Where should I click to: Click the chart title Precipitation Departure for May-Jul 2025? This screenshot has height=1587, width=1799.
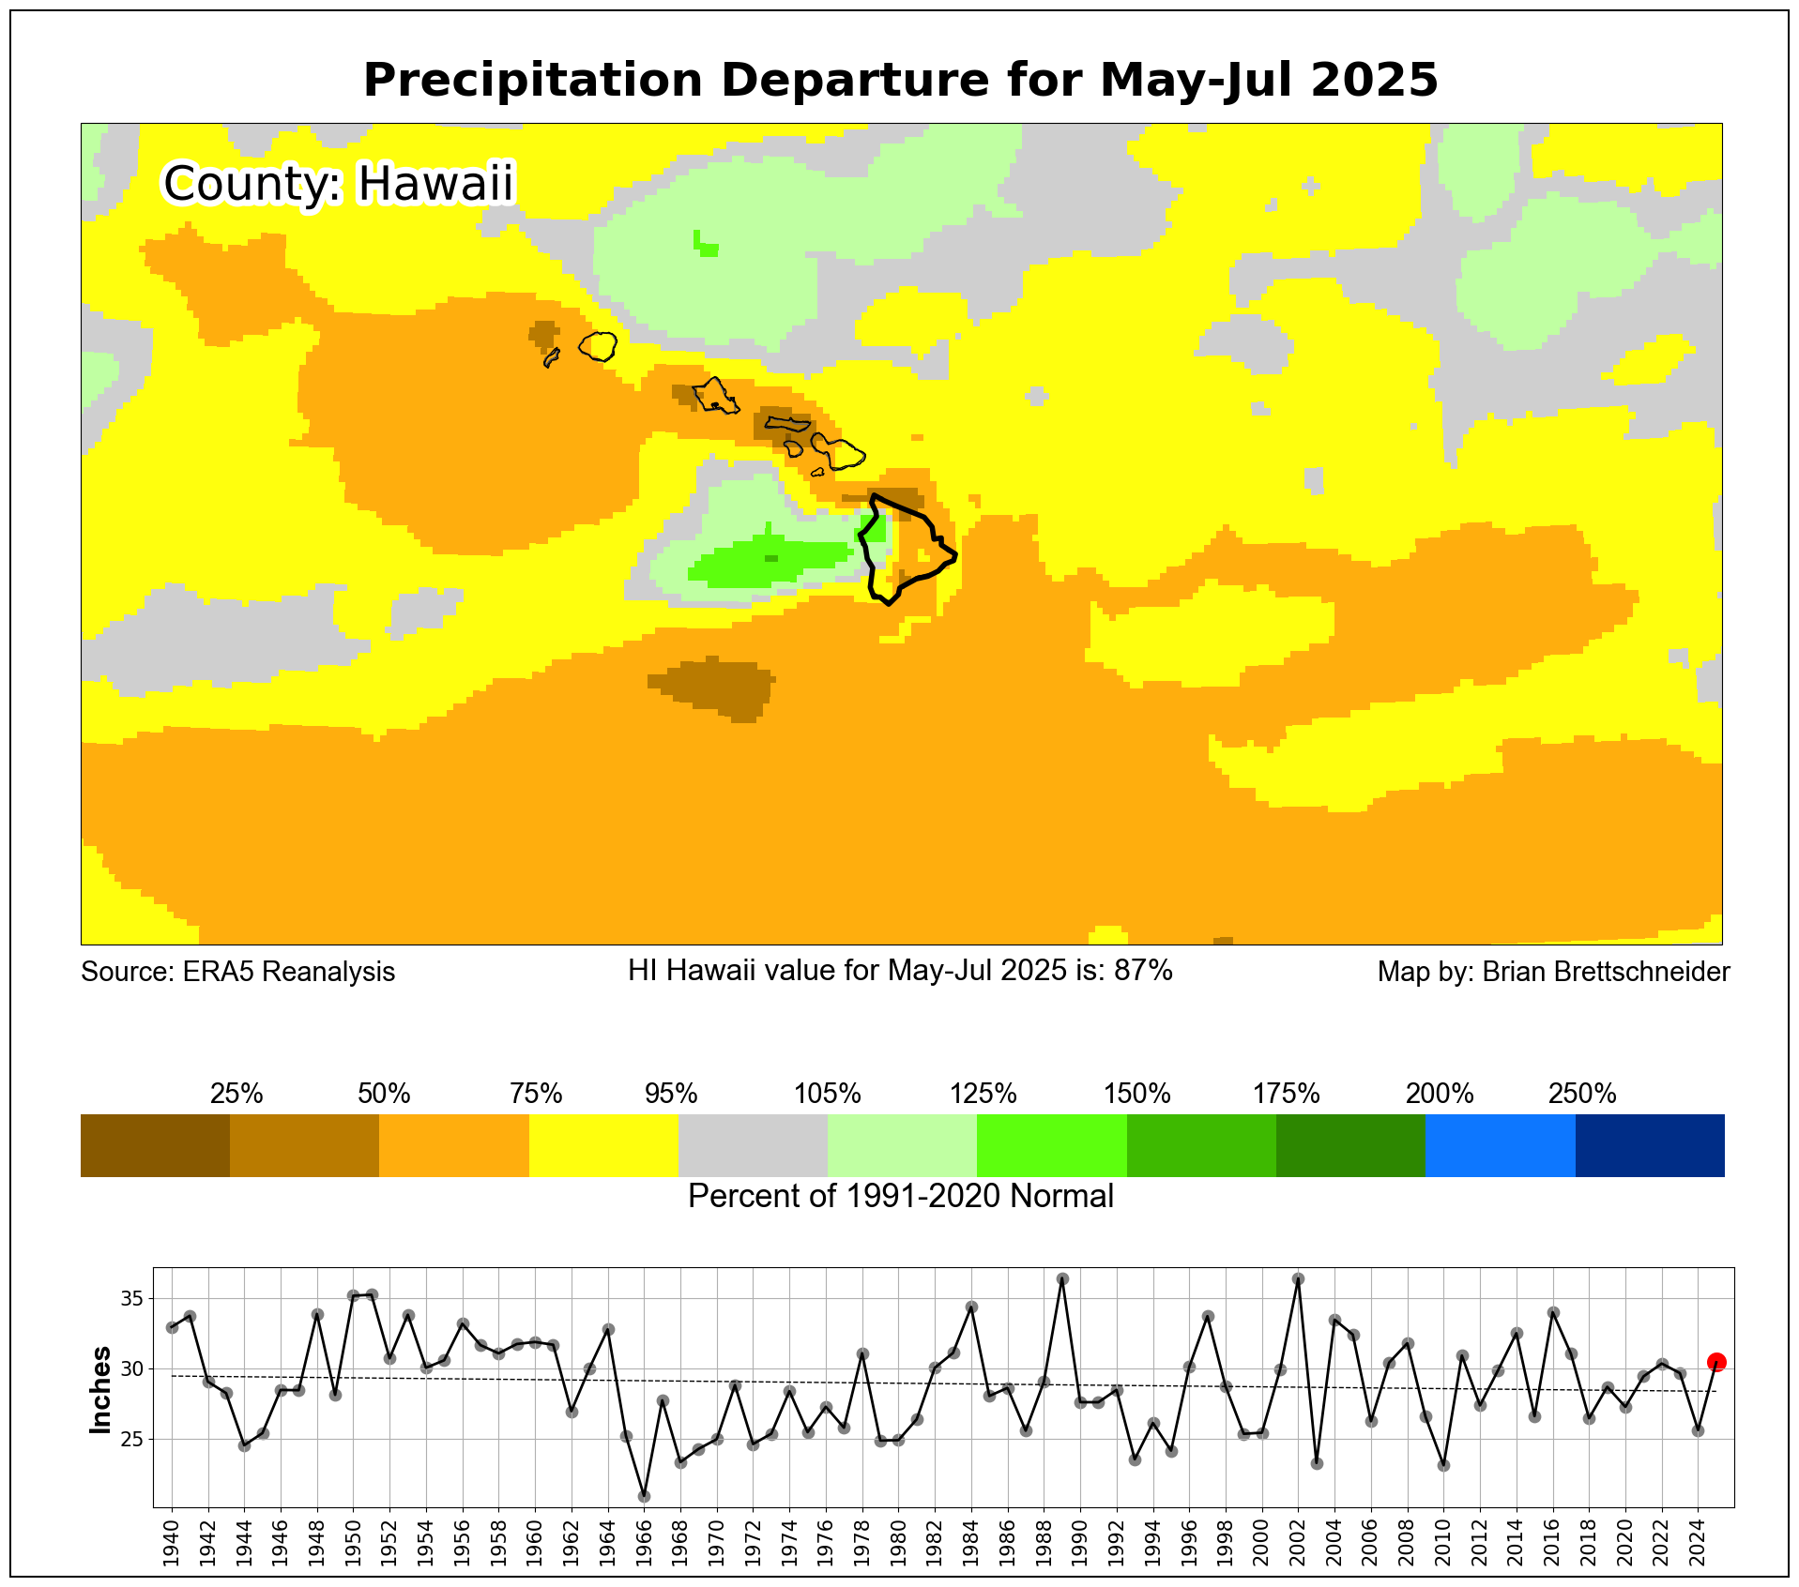click(900, 80)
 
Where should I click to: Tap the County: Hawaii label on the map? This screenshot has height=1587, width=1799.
click(339, 183)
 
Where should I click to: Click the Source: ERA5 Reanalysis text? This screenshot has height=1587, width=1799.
click(238, 972)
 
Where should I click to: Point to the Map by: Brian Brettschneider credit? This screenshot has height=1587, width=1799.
click(1553, 972)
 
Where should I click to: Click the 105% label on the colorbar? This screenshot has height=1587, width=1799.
click(827, 1094)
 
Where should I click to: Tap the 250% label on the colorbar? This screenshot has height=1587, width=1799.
click(1582, 1094)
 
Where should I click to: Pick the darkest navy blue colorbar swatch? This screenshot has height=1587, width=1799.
click(1650, 1145)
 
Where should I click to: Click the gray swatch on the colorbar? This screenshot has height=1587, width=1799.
click(753, 1145)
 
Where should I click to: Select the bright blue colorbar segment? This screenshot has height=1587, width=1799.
click(1500, 1145)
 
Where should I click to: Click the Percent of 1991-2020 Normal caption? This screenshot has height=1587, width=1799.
click(900, 1197)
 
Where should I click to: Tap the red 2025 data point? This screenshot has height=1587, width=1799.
click(1716, 1362)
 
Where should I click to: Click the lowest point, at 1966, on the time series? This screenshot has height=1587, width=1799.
click(644, 1496)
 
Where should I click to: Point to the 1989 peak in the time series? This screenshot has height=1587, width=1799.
click(1062, 1279)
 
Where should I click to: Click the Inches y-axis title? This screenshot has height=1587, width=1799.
click(100, 1390)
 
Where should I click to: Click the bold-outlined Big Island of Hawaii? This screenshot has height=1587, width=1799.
click(907, 553)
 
